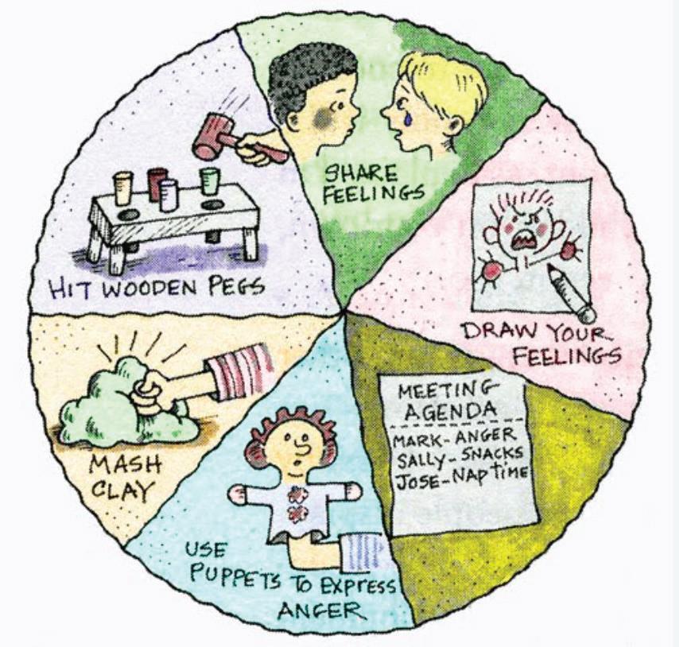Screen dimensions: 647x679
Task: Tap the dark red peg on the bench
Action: click(157, 184)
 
